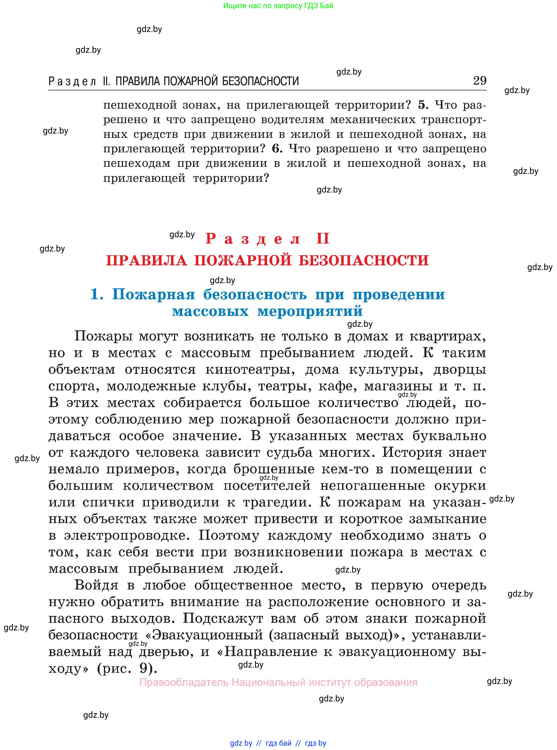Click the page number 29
point(480,81)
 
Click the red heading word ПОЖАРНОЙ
point(243,260)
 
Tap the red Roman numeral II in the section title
point(323,239)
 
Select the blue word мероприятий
point(310,311)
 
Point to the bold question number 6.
point(277,149)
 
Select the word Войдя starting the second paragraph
point(97,585)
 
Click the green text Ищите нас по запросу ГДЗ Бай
point(278,6)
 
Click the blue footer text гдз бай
point(278,743)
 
